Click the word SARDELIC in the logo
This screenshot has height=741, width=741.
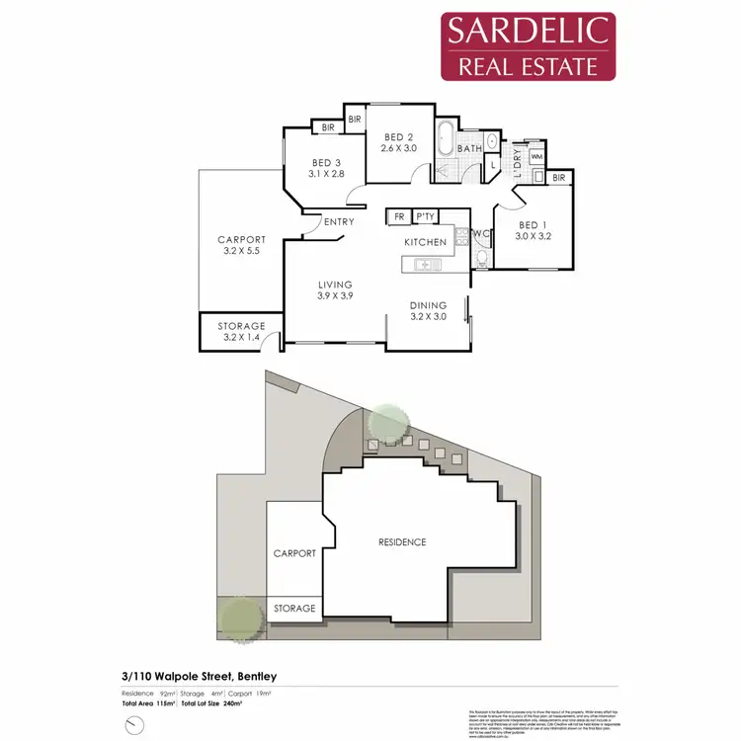pyautogui.click(x=528, y=31)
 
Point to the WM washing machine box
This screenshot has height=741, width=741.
pyautogui.click(x=536, y=157)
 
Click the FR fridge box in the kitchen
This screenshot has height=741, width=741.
pyautogui.click(x=400, y=216)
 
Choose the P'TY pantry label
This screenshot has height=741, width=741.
pyautogui.click(x=426, y=216)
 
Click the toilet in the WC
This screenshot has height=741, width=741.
pyautogui.click(x=481, y=258)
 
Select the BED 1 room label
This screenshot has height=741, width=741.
pyautogui.click(x=534, y=224)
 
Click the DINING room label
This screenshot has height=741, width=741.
pyautogui.click(x=428, y=305)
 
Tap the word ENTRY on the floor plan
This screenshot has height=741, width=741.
pyautogui.click(x=339, y=222)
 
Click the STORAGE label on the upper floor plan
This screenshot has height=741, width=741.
pyautogui.click(x=242, y=326)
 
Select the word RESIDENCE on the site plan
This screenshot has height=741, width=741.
pyautogui.click(x=403, y=541)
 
